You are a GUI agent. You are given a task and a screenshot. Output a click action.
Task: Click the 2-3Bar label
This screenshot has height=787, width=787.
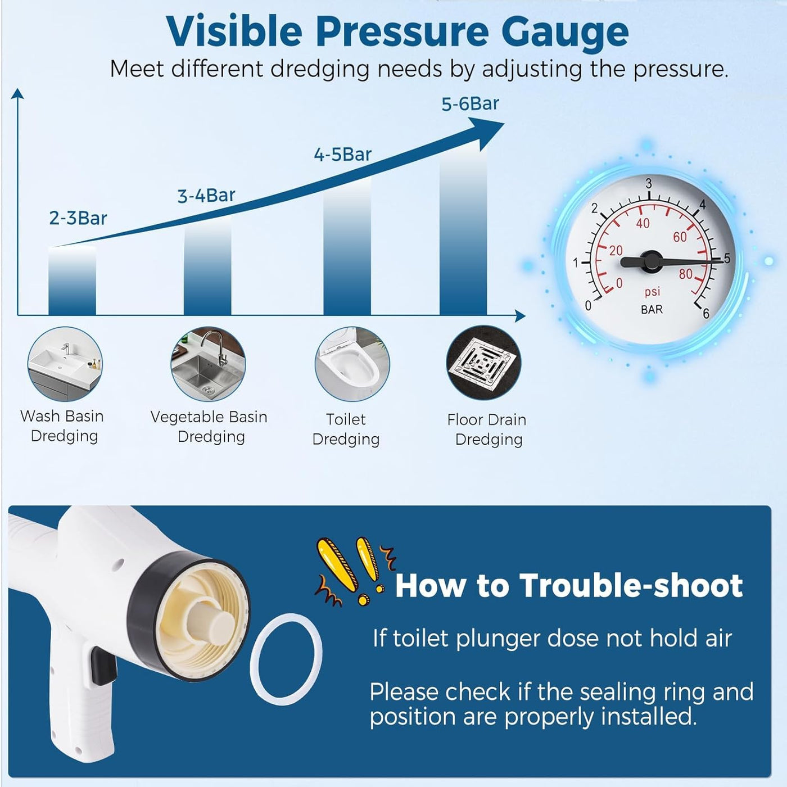pos(78,218)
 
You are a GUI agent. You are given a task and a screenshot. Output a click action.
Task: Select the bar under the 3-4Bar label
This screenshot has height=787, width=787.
pos(207,266)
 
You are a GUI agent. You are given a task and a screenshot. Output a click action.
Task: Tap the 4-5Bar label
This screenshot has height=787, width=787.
pos(343,155)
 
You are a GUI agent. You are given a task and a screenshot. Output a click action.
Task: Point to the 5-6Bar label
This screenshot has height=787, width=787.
pos(470,104)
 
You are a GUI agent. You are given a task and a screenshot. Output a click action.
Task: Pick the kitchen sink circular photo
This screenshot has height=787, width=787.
pos(209,364)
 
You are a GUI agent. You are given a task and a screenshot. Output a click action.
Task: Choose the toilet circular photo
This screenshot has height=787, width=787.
pos(352,364)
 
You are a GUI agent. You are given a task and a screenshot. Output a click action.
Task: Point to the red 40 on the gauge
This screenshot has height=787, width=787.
pos(643,223)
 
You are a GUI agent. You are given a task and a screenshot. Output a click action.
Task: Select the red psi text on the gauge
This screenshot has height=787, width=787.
pos(652,292)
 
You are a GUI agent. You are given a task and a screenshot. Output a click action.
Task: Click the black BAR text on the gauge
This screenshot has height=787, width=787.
pos(652,310)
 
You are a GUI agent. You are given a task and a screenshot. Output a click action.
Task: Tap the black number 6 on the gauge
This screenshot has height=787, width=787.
pos(705,313)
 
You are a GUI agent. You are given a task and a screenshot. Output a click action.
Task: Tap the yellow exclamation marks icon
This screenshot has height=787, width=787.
pos(353,571)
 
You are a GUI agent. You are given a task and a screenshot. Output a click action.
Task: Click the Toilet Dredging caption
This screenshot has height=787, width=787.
pos(346,429)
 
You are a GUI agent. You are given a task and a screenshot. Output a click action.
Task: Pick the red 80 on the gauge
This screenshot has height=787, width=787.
pos(686,274)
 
